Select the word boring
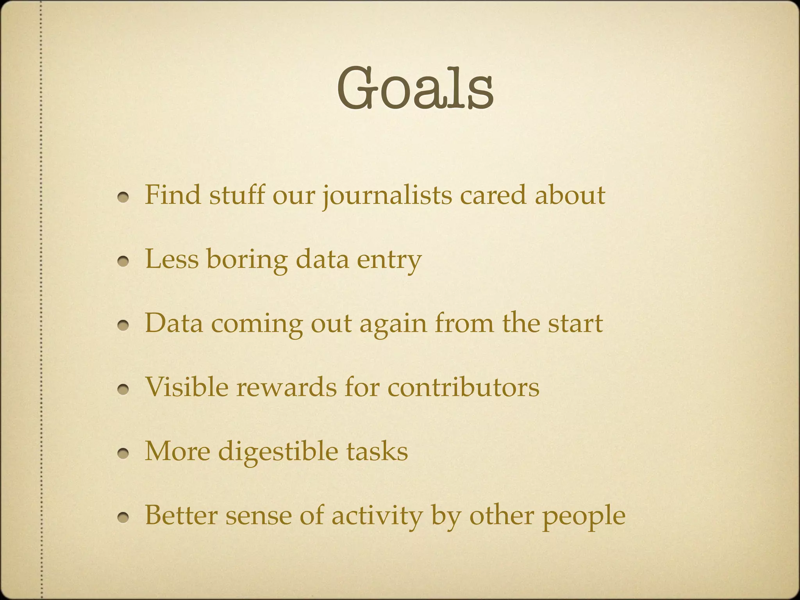pos(247,260)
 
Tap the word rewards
pos(286,387)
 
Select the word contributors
pos(463,387)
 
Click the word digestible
pos(278,452)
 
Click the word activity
pos(377,516)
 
